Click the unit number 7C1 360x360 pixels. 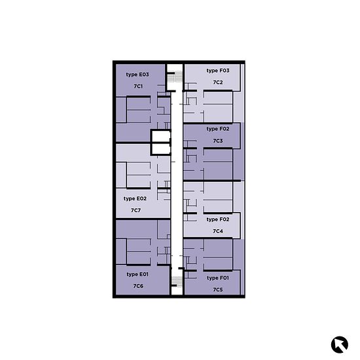pyautogui.click(x=138, y=86)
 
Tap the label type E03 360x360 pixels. pyautogui.click(x=137, y=75)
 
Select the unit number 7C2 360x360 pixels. pyautogui.click(x=218, y=82)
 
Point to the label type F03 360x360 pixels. pyautogui.click(x=218, y=71)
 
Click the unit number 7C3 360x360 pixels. pyautogui.click(x=218, y=141)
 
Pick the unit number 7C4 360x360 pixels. pyautogui.click(x=218, y=231)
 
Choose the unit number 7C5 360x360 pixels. pyautogui.click(x=218, y=290)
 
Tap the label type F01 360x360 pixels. pyautogui.click(x=218, y=278)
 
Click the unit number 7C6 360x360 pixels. pyautogui.click(x=138, y=286)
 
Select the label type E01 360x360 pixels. pyautogui.click(x=137, y=274)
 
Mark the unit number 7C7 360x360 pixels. pyautogui.click(x=135, y=210)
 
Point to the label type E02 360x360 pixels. pyautogui.click(x=135, y=198)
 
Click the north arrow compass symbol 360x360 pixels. pyautogui.click(x=340, y=344)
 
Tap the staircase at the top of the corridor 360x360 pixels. pyautogui.click(x=175, y=77)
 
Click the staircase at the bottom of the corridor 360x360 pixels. pyautogui.click(x=177, y=281)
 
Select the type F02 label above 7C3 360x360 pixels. pyautogui.click(x=218, y=129)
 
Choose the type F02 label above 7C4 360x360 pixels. pyautogui.click(x=218, y=219)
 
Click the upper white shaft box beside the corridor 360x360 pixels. pyautogui.click(x=161, y=137)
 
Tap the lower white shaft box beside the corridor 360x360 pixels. pyautogui.click(x=161, y=149)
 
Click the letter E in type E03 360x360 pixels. pyautogui.click(x=140, y=75)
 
